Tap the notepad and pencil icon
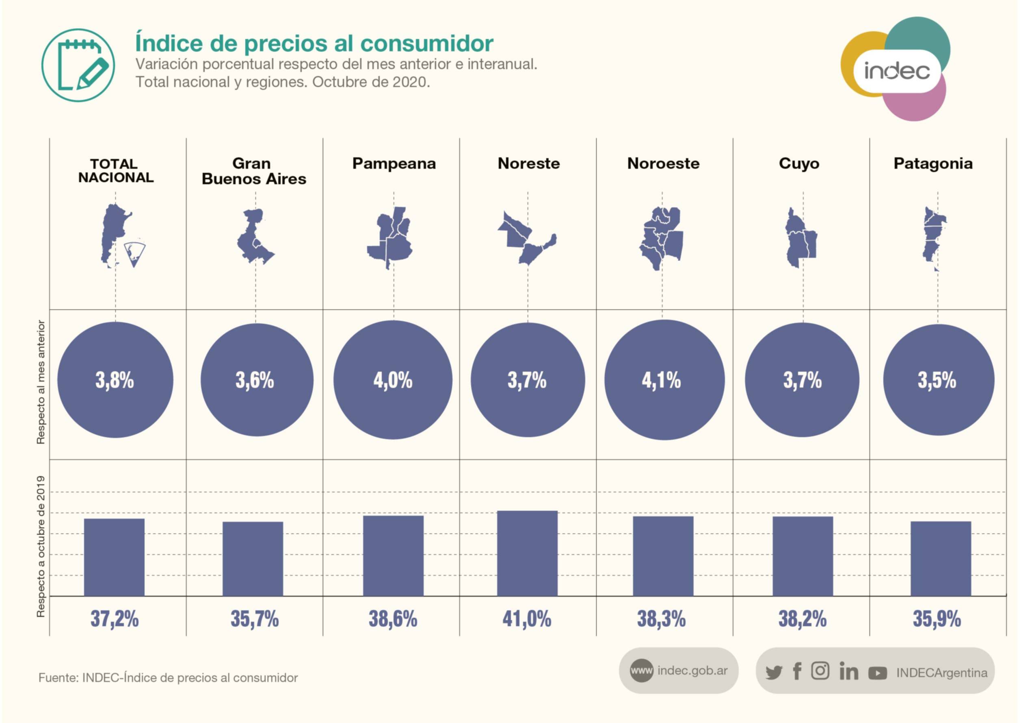(x=78, y=65)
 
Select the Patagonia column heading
(x=933, y=163)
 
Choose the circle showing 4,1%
(x=664, y=380)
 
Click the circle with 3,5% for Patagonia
(x=938, y=380)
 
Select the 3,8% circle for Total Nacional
(x=115, y=380)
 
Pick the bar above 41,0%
(x=527, y=553)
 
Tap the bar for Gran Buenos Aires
(x=253, y=559)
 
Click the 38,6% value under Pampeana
(x=393, y=618)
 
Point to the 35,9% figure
(x=937, y=618)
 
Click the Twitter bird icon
(x=774, y=672)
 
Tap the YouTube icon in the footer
(x=877, y=673)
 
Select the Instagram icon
(x=820, y=671)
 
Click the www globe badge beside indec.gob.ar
(x=641, y=670)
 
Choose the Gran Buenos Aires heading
(x=253, y=171)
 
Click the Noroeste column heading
(x=663, y=163)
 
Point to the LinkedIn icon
(x=848, y=671)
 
